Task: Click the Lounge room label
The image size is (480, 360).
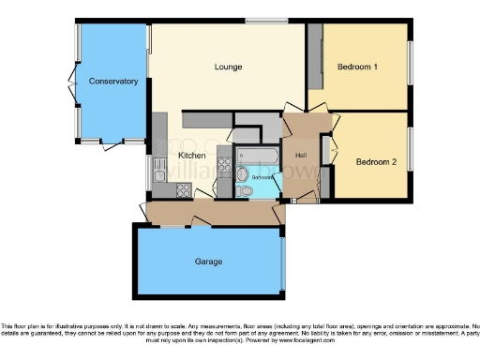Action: click(x=228, y=67)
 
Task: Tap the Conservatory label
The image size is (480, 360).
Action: click(x=113, y=82)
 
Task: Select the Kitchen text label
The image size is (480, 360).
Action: click(x=192, y=155)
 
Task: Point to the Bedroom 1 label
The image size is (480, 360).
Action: click(x=357, y=67)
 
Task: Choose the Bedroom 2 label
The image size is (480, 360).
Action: click(x=376, y=161)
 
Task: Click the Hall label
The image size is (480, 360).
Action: click(x=301, y=156)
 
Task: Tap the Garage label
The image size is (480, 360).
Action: click(x=208, y=261)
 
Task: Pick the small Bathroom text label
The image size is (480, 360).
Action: click(x=262, y=176)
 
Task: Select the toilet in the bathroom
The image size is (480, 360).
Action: click(x=246, y=190)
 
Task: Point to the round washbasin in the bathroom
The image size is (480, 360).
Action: click(x=241, y=174)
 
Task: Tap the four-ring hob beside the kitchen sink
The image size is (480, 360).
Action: click(x=182, y=190)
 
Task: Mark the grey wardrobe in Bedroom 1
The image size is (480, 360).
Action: click(x=316, y=56)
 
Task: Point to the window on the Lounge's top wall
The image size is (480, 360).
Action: click(x=266, y=21)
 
